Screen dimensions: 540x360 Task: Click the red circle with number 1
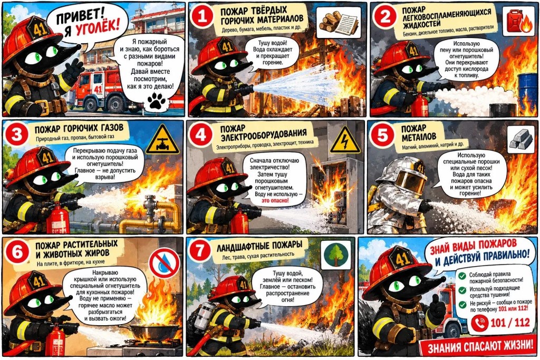(202, 16)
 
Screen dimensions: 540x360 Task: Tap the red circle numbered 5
(382, 134)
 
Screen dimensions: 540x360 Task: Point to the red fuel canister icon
(519, 21)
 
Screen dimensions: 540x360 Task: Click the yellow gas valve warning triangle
(162, 140)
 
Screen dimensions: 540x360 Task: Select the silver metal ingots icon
(521, 139)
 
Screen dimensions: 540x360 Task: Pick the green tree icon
(336, 255)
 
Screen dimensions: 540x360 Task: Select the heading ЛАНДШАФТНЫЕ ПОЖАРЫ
(259, 246)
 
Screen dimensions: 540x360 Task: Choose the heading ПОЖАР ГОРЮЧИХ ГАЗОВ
(79, 129)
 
